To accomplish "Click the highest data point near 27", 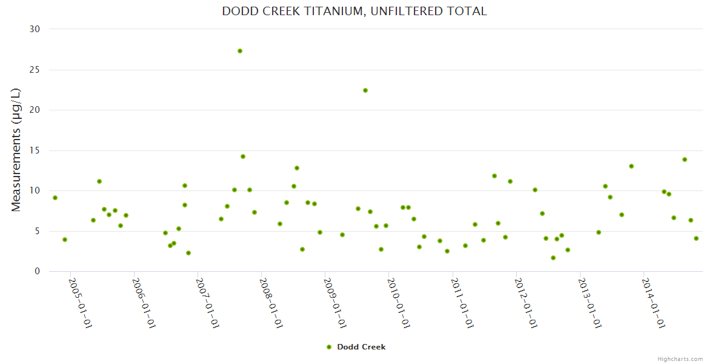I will (x=240, y=51).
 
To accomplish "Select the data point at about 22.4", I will (x=365, y=90).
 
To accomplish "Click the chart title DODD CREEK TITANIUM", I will (x=354, y=11).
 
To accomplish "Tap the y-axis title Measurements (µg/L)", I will (x=16, y=150).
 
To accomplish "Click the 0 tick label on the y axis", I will (x=37, y=271).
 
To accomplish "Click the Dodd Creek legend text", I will (x=361, y=347).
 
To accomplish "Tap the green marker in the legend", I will (x=329, y=347).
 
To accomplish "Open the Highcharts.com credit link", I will (x=680, y=359).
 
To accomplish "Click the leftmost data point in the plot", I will (x=55, y=198).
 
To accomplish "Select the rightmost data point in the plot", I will (x=696, y=238).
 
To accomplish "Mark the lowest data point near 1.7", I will (x=553, y=258).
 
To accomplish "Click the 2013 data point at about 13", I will (x=631, y=166).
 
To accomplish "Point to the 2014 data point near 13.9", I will (x=685, y=160).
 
